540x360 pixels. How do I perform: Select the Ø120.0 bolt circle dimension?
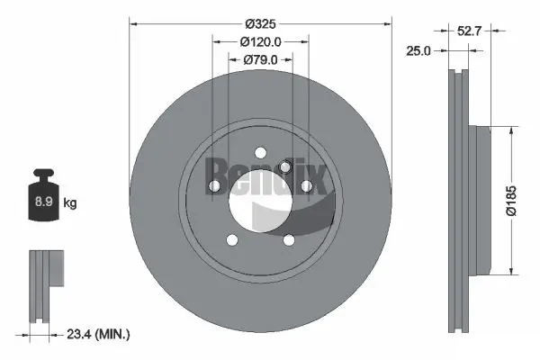coord(261,41)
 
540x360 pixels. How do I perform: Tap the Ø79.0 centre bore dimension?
coord(262,60)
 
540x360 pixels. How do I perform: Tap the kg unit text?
coord(70,202)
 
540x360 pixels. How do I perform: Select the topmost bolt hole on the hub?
coord(261,151)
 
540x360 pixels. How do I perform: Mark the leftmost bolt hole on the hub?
coord(216,186)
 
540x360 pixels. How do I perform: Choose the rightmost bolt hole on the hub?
coord(306,185)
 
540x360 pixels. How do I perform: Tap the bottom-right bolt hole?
coord(289,238)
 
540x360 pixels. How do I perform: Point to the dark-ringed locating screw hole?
coord(285,167)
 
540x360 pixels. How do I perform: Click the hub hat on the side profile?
coord(486,200)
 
